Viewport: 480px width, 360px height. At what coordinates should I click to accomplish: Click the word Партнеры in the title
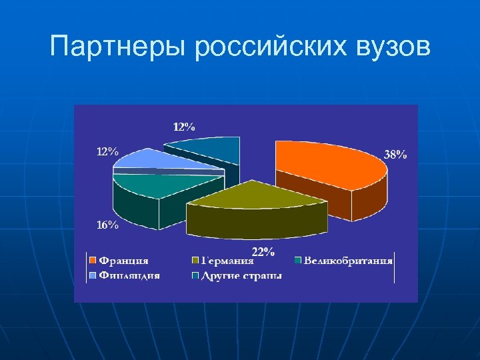coord(118,49)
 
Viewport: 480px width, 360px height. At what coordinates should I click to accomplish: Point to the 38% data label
coord(395,155)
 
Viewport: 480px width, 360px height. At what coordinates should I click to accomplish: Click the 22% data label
coord(263,251)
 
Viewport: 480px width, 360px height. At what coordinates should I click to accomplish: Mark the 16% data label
coord(108,225)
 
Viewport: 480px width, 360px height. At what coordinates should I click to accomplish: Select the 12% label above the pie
coord(184,126)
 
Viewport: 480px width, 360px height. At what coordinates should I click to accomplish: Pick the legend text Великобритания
coord(347,261)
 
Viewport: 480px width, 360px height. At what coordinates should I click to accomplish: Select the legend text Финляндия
coord(129,275)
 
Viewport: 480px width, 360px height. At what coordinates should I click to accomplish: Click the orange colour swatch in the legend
coord(94,261)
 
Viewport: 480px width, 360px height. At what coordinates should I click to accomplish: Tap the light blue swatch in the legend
coord(94,275)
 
